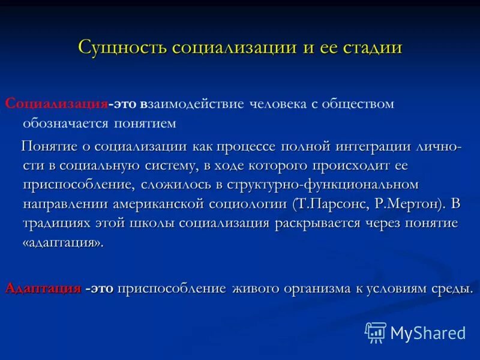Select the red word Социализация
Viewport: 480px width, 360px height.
56,104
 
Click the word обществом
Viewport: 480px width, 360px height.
356,104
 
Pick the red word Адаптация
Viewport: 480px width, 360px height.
43,289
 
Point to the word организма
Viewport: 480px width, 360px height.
317,289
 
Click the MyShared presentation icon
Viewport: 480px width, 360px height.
376,332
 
